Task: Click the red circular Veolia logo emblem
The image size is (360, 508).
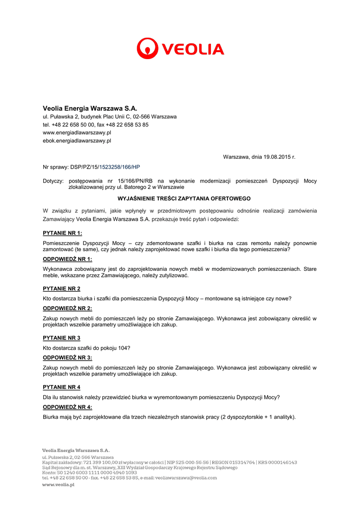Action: click(x=147, y=49)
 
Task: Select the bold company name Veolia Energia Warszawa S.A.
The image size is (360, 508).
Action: click(x=90, y=108)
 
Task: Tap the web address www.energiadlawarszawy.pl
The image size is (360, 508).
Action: click(x=77, y=132)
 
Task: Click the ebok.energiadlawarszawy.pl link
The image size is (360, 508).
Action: click(x=77, y=140)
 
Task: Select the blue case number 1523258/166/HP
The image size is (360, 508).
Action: click(x=120, y=167)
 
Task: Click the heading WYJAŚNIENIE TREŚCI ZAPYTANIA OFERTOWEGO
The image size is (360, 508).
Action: click(x=180, y=198)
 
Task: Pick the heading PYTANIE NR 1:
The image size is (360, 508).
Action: click(x=63, y=233)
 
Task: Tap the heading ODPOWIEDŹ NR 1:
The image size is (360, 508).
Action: click(x=68, y=259)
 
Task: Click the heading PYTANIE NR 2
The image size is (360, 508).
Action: click(x=62, y=288)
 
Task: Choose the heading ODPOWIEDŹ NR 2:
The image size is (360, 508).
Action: click(x=68, y=308)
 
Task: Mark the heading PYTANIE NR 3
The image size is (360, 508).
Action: click(x=62, y=338)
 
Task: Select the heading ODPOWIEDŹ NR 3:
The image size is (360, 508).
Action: click(x=68, y=357)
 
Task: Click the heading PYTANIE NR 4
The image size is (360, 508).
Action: click(x=62, y=387)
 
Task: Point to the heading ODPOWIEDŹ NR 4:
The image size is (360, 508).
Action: click(x=68, y=407)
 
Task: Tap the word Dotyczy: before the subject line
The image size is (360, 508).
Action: click(x=54, y=181)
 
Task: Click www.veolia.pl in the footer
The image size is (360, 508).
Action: click(x=58, y=485)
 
